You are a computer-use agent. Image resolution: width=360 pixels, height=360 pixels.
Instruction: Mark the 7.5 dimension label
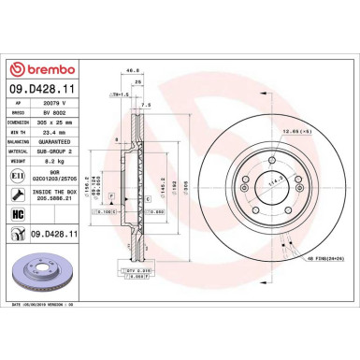[x=145, y=106]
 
